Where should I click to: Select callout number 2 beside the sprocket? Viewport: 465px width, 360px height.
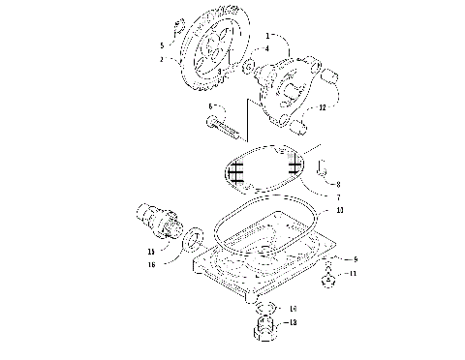pyautogui.click(x=162, y=59)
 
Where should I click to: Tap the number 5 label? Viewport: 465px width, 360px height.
pyautogui.click(x=162, y=45)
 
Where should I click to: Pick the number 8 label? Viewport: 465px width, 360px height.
pyautogui.click(x=337, y=181)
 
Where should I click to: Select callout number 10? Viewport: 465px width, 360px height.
pyautogui.click(x=339, y=210)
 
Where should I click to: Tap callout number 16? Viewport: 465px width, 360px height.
pyautogui.click(x=150, y=262)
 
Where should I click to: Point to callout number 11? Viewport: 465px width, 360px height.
pyautogui.click(x=352, y=274)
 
